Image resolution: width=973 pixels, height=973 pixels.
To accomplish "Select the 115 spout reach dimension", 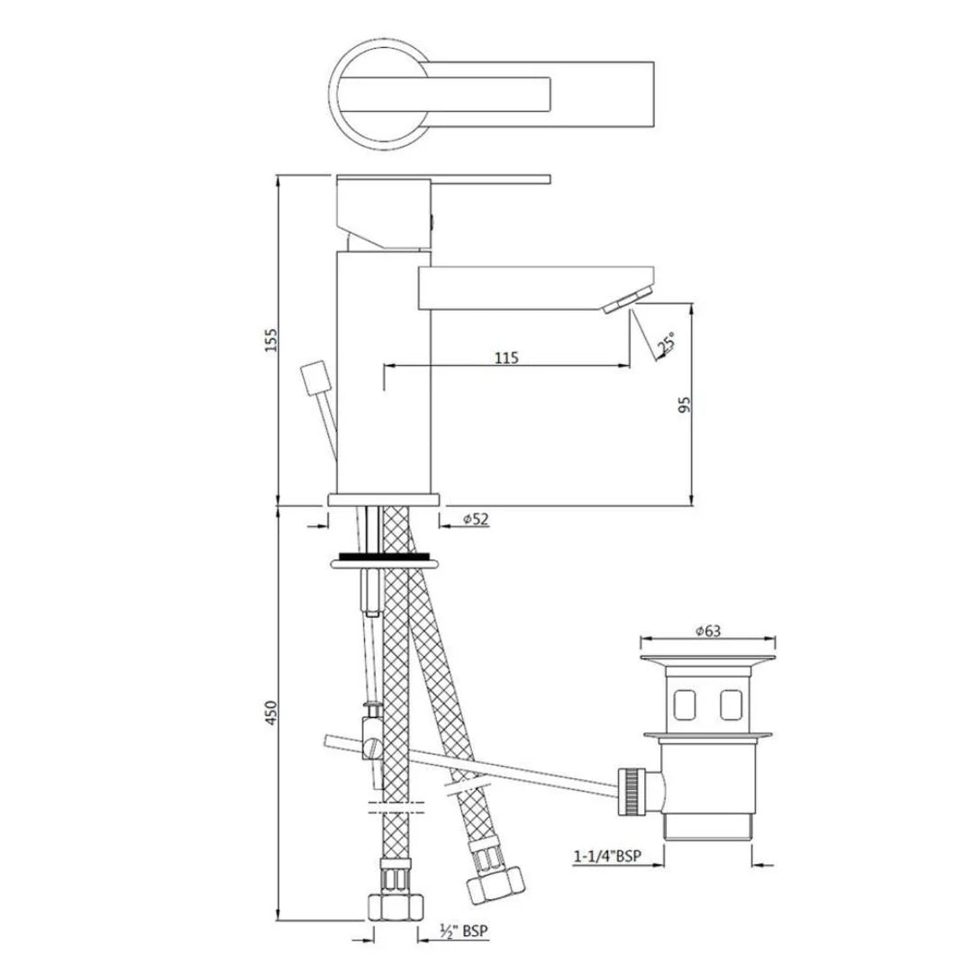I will pyautogui.click(x=506, y=358).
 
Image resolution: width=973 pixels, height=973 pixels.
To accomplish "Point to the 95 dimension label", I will pyautogui.click(x=684, y=407).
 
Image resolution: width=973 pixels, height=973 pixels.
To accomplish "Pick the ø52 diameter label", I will pyautogui.click(x=475, y=520).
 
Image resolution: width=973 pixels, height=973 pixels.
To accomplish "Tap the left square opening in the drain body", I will pyautogui.click(x=687, y=703).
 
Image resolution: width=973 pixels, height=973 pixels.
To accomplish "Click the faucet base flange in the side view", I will pyautogui.click(x=384, y=498).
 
